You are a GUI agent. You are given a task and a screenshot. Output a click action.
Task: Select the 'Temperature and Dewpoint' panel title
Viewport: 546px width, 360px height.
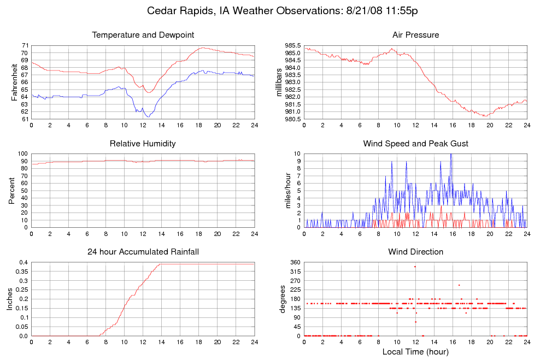pos(143,35)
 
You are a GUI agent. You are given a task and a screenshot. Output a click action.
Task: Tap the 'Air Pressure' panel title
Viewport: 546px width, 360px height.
pos(415,35)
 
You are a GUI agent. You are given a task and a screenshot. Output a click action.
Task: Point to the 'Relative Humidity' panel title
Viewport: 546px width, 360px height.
pos(143,144)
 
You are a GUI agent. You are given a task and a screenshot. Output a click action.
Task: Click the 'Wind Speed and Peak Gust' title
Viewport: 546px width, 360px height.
pos(415,144)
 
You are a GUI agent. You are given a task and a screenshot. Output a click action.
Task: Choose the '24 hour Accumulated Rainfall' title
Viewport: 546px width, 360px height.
pos(143,252)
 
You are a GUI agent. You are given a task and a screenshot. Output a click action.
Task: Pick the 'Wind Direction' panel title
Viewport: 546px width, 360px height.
pos(415,252)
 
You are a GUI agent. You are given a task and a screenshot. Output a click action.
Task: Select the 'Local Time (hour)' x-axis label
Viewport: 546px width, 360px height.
pos(415,351)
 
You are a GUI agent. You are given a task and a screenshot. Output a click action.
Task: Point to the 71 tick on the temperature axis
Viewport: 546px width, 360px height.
pos(25,45)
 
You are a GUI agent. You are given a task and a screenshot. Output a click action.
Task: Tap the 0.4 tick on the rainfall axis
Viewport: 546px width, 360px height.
pos(24,263)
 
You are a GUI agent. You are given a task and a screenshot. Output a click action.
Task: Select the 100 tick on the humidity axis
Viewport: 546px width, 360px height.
pos(23,154)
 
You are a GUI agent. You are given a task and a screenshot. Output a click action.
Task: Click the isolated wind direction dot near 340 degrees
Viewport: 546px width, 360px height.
pos(415,267)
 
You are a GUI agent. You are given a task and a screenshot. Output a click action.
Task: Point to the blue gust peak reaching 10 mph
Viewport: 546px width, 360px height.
pos(451,155)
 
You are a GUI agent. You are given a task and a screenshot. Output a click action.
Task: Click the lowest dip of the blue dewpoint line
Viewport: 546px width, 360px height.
pos(147,116)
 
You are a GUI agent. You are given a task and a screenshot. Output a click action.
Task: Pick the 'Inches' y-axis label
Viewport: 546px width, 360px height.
pos(10,299)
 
